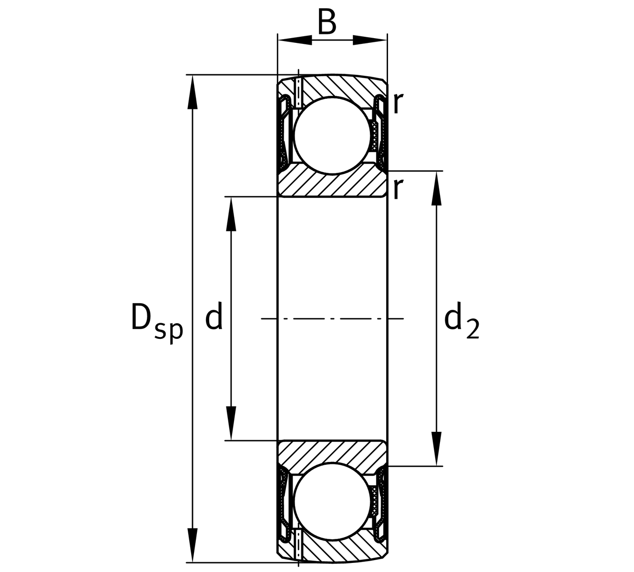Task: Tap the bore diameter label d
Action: pos(214,318)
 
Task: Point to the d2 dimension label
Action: pos(461,321)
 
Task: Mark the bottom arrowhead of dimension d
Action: pos(231,423)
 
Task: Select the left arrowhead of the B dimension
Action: pos(295,41)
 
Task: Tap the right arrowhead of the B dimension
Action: pos(369,41)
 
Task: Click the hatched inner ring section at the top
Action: pos(332,184)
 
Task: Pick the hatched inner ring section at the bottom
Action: pos(332,453)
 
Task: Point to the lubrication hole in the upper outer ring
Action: pos(298,93)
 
